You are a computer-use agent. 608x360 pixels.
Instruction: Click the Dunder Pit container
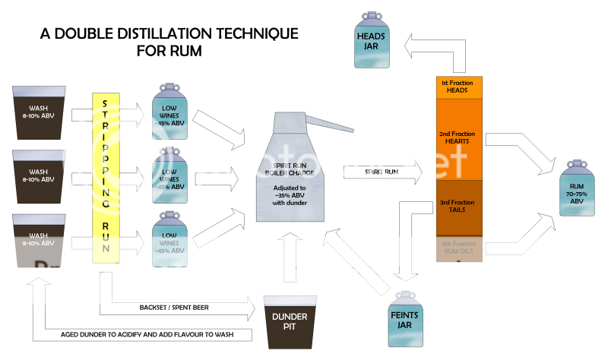[x=293, y=320]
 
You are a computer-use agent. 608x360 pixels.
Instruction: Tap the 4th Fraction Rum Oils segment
[x=459, y=248]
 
